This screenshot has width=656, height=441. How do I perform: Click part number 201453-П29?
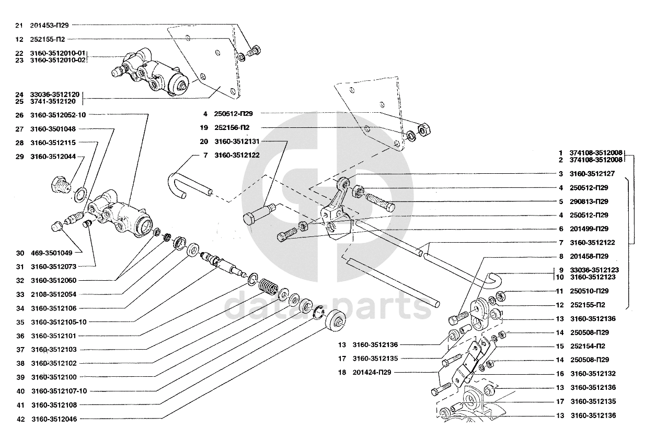(49, 26)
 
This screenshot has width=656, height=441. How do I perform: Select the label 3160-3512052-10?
(58, 115)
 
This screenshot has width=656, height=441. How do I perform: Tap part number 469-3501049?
(52, 253)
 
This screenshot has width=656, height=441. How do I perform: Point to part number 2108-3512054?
(54, 294)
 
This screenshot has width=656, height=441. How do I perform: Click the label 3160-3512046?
(54, 419)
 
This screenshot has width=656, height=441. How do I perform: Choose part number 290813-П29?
(589, 201)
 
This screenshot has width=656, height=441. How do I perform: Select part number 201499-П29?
(589, 229)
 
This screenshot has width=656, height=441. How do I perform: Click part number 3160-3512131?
(237, 141)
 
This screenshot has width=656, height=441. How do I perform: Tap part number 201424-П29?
(372, 372)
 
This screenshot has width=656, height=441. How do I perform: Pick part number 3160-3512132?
(593, 374)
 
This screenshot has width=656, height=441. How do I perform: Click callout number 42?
(20, 419)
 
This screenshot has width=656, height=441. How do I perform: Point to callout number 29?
(19, 157)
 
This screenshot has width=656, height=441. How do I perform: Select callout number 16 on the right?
(560, 374)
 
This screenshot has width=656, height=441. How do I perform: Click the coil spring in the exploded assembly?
(268, 287)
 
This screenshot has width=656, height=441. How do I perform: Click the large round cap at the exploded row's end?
(335, 321)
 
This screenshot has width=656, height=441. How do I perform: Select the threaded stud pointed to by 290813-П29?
(380, 202)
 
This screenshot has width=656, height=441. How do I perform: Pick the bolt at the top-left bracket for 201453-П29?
(254, 52)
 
